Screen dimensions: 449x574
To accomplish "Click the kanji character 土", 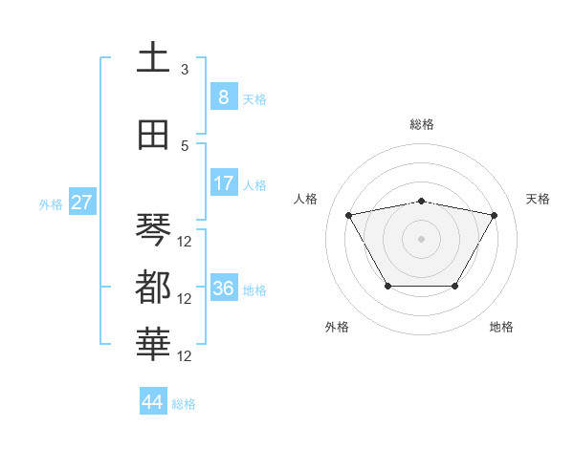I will pos(153,58).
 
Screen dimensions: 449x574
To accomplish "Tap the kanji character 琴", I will pos(153,229).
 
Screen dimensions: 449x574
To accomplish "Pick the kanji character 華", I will pos(153,344).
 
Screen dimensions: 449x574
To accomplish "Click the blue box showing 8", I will pos(222,96).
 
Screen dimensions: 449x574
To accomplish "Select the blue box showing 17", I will pos(222,183).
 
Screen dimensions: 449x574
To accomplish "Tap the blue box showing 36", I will pos(223,289).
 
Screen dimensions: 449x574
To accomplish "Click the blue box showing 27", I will pos(81,203).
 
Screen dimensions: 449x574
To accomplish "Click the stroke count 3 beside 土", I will pos(185,70).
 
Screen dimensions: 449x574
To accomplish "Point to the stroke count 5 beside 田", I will pos(185,145).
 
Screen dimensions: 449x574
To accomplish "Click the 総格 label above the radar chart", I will pos(421,124).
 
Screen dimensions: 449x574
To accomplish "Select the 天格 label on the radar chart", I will pos(538,199).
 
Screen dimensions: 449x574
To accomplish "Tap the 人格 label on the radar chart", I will pos(306,199).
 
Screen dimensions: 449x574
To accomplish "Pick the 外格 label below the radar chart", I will pos(337,327).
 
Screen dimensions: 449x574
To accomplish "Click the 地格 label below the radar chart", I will pos(501,327).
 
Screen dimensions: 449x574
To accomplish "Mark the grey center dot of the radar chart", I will pos(421,238).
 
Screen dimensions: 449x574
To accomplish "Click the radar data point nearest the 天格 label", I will pos(494,215).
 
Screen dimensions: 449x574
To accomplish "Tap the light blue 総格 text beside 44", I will pos(184,404).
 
